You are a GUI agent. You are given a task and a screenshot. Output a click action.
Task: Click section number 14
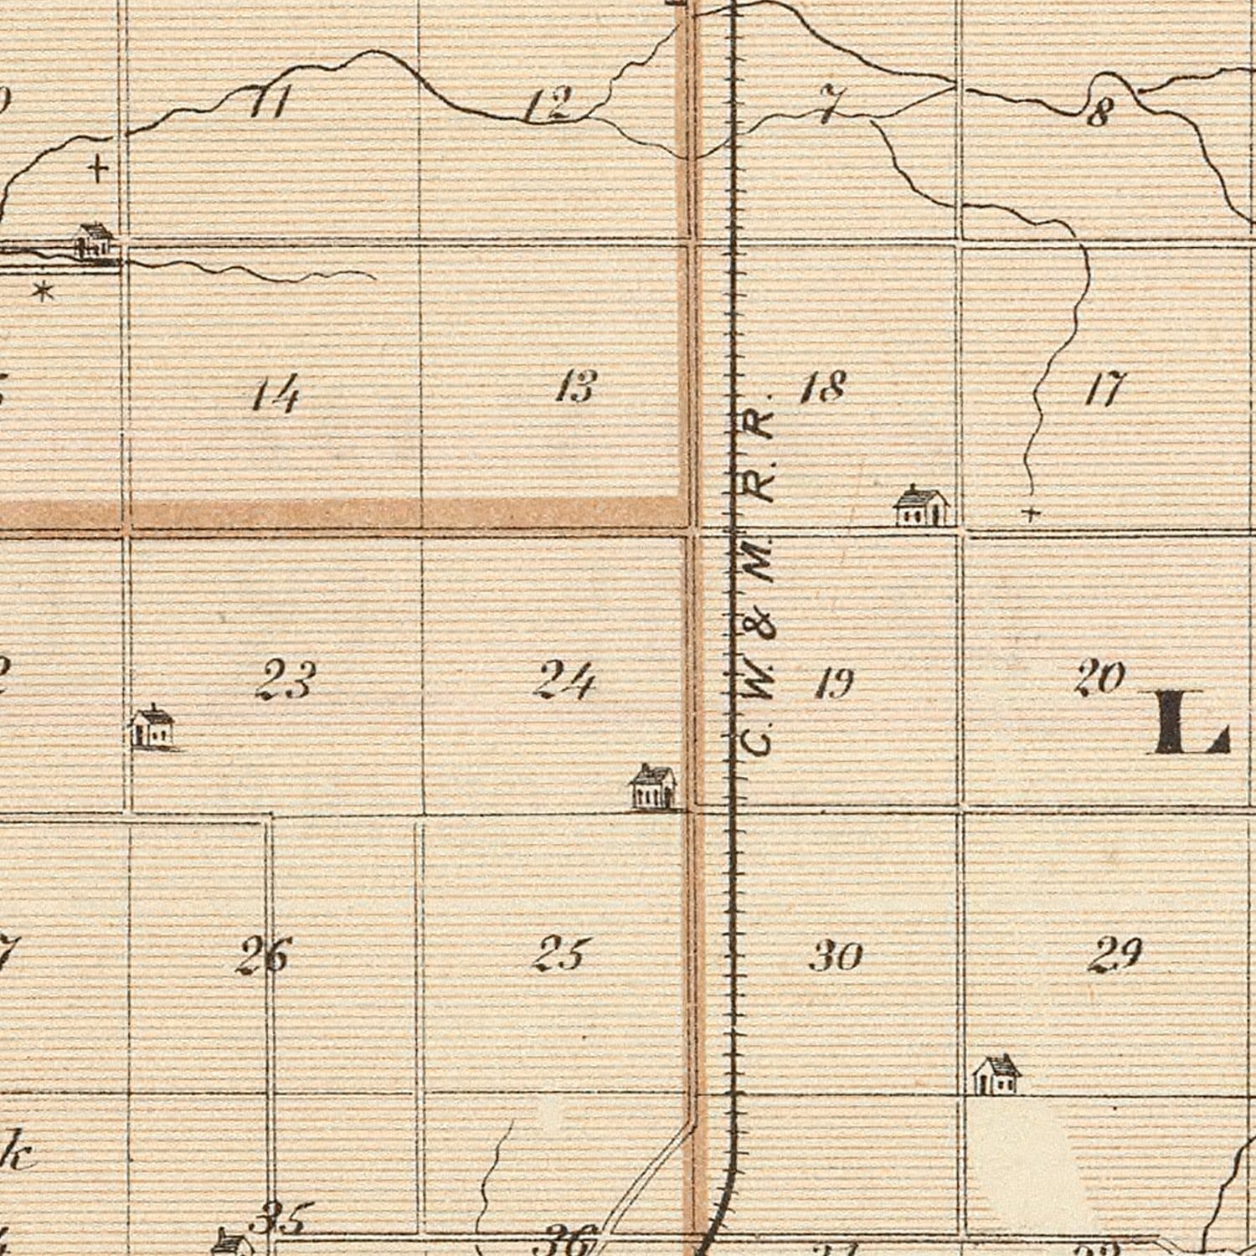pyautogui.click(x=275, y=394)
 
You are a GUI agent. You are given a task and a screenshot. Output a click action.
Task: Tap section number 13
pyautogui.click(x=576, y=387)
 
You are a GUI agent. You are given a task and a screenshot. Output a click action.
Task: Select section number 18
pyautogui.click(x=823, y=387)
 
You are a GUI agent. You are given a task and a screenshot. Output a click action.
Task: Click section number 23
pyautogui.click(x=286, y=679)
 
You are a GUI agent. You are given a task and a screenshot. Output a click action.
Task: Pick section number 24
pyautogui.click(x=565, y=679)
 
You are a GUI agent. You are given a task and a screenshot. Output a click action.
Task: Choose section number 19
pyautogui.click(x=834, y=684)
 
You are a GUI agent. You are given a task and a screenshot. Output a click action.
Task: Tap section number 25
pyautogui.click(x=561, y=954)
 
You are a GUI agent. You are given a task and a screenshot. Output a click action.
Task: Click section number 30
pyautogui.click(x=836, y=955)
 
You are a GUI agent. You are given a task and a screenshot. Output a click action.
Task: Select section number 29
pyautogui.click(x=1115, y=954)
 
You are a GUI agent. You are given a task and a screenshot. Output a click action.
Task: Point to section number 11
pyautogui.click(x=270, y=104)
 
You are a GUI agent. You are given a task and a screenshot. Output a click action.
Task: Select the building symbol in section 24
pyautogui.click(x=653, y=786)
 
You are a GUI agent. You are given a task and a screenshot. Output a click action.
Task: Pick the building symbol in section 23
pyautogui.click(x=152, y=727)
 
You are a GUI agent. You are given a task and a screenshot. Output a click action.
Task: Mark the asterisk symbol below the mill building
pyautogui.click(x=43, y=291)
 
